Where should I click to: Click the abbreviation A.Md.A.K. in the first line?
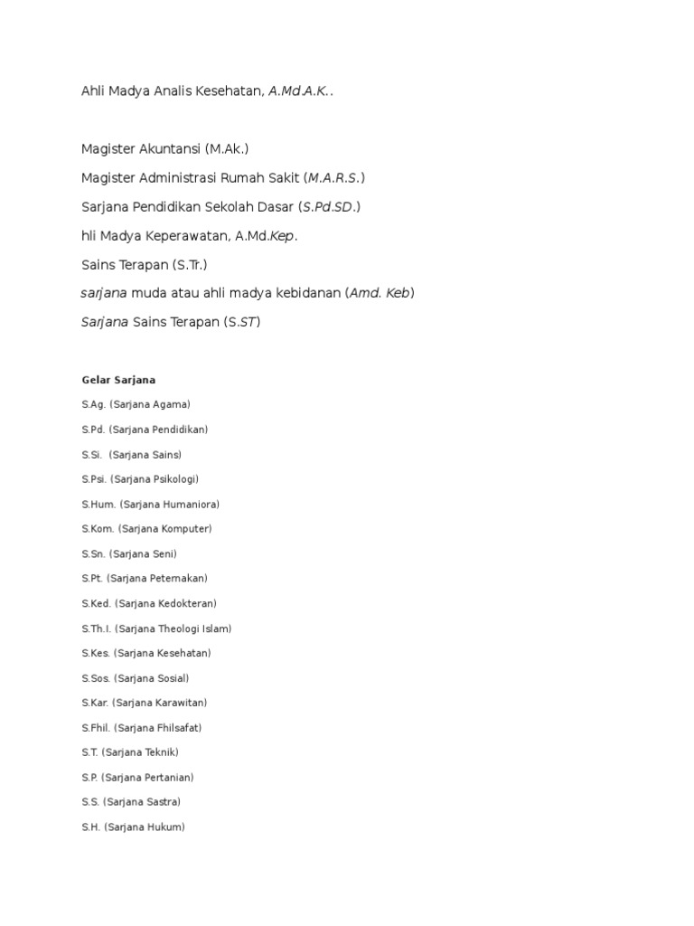[x=299, y=91]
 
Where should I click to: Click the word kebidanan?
[x=300, y=293]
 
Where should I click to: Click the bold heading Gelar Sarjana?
[x=118, y=380]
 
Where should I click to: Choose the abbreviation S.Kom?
[x=96, y=529]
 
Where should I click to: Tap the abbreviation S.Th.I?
[x=95, y=628]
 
